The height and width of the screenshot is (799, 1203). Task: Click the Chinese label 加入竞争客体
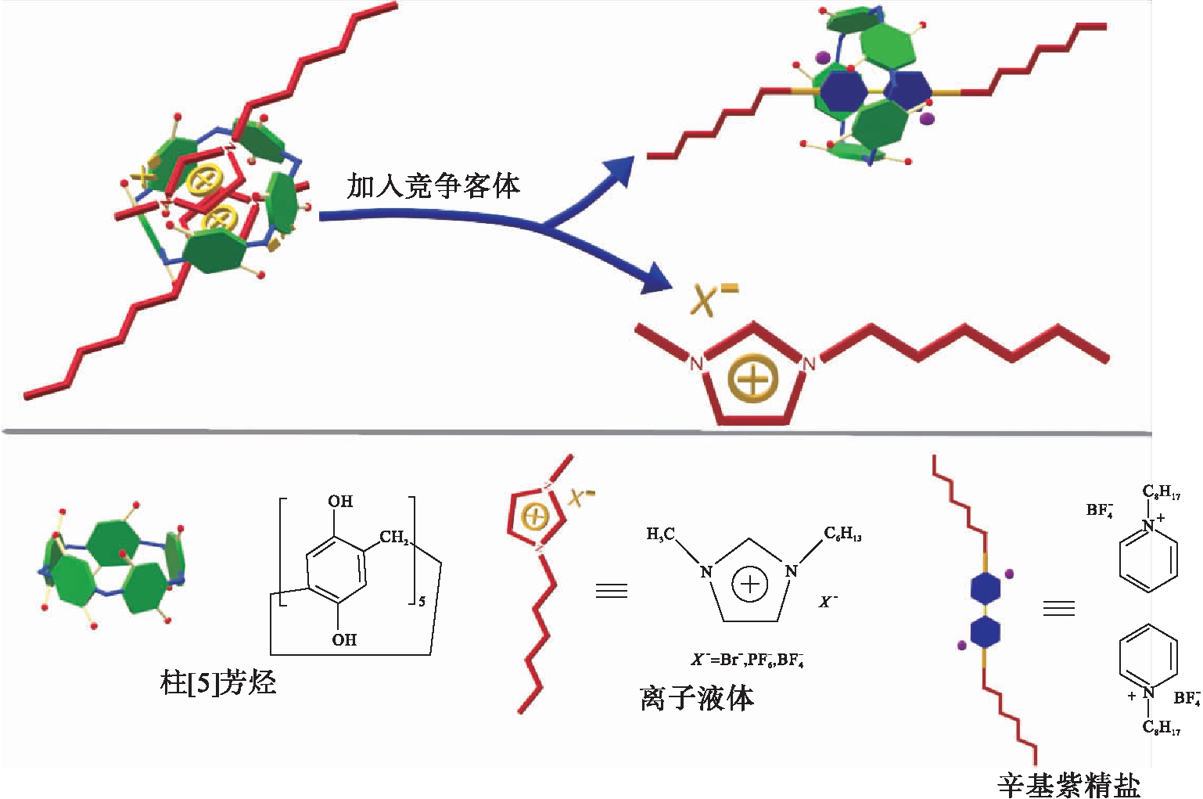coord(433,185)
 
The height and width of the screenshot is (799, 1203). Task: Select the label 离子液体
coord(696,697)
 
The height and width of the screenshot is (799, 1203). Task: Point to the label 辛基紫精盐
coord(1068,784)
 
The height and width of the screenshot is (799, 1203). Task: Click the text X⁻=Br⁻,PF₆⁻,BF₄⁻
coord(747,659)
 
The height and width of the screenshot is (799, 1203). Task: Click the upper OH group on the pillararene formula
coord(340,502)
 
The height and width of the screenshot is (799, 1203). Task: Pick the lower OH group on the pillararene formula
coord(344,639)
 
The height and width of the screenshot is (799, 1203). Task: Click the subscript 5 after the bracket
coord(422,601)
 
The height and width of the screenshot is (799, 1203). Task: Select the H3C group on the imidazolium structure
coord(662,534)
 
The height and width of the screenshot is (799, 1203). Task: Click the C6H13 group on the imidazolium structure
coord(842,534)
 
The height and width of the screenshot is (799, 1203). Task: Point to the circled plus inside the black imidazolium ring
coord(749,584)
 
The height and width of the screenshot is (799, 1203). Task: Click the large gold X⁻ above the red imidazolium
coord(713,299)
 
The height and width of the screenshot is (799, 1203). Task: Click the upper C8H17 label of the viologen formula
coord(1161,492)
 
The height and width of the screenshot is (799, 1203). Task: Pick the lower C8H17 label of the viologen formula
coord(1161,728)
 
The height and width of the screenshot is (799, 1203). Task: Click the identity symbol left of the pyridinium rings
coord(1059,607)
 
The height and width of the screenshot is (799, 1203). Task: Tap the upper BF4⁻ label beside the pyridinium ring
coord(1100,511)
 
